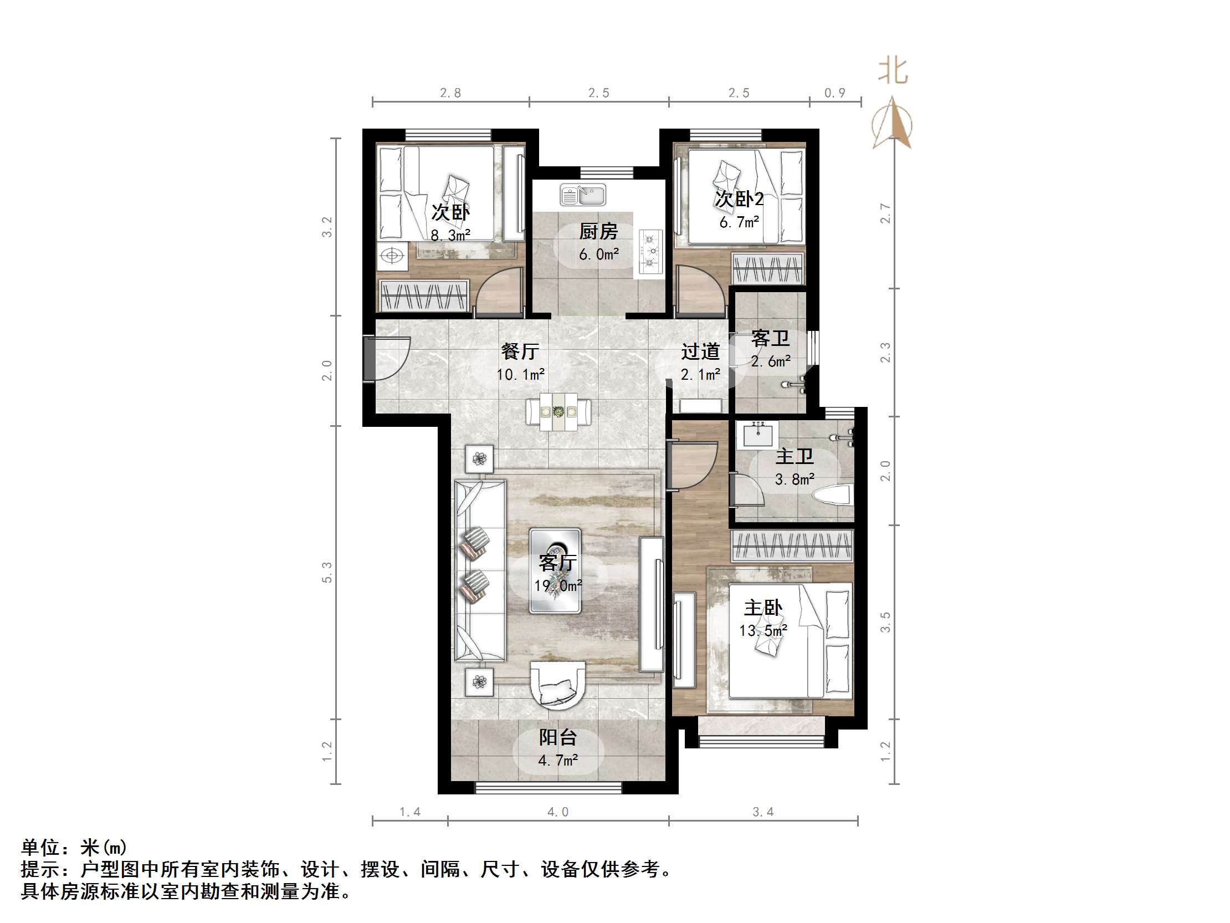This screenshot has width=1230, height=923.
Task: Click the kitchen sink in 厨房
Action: tap(583, 195)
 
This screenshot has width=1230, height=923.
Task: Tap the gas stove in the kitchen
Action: tap(651, 252)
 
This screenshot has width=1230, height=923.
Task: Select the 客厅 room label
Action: tap(557, 563)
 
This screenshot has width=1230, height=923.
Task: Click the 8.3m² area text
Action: tap(450, 235)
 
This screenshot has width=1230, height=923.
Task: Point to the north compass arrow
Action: tap(892, 123)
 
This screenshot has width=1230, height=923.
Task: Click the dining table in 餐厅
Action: tap(558, 412)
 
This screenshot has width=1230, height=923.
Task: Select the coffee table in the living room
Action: tap(556, 571)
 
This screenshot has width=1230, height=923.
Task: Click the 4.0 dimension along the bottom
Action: tap(558, 812)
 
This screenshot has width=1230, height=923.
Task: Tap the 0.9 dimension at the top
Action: tap(834, 93)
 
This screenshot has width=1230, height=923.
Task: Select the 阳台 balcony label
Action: tap(558, 737)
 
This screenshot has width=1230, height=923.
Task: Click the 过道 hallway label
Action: tap(701, 351)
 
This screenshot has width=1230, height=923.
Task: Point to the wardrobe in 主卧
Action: tap(792, 545)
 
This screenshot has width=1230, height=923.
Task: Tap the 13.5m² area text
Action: tap(763, 630)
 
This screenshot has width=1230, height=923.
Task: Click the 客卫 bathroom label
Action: tap(770, 338)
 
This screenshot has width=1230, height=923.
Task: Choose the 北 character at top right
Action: tap(893, 71)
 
